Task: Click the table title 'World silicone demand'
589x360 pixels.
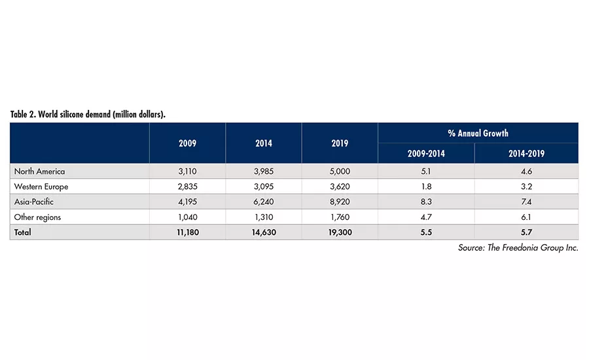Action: pyautogui.click(x=88, y=114)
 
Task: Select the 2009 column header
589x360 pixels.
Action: pyautogui.click(x=187, y=143)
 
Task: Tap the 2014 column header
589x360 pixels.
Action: pyautogui.click(x=263, y=143)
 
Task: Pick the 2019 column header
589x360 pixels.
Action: pyautogui.click(x=340, y=143)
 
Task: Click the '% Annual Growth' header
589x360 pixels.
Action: pyautogui.click(x=478, y=133)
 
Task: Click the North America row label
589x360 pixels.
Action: pyautogui.click(x=41, y=171)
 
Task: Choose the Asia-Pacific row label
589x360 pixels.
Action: pyautogui.click(x=35, y=202)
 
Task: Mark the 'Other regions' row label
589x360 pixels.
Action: pyautogui.click(x=39, y=217)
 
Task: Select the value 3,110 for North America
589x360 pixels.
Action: pyautogui.click(x=187, y=171)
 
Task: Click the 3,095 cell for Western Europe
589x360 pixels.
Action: pyautogui.click(x=263, y=187)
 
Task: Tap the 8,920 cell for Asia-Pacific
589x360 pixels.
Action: pyautogui.click(x=340, y=202)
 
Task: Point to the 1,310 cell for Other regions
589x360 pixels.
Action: pyautogui.click(x=263, y=217)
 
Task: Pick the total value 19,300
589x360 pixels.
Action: pyautogui.click(x=340, y=232)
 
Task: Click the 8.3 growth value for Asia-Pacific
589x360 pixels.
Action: pyautogui.click(x=426, y=202)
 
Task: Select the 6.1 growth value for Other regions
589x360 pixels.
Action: pyautogui.click(x=526, y=217)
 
